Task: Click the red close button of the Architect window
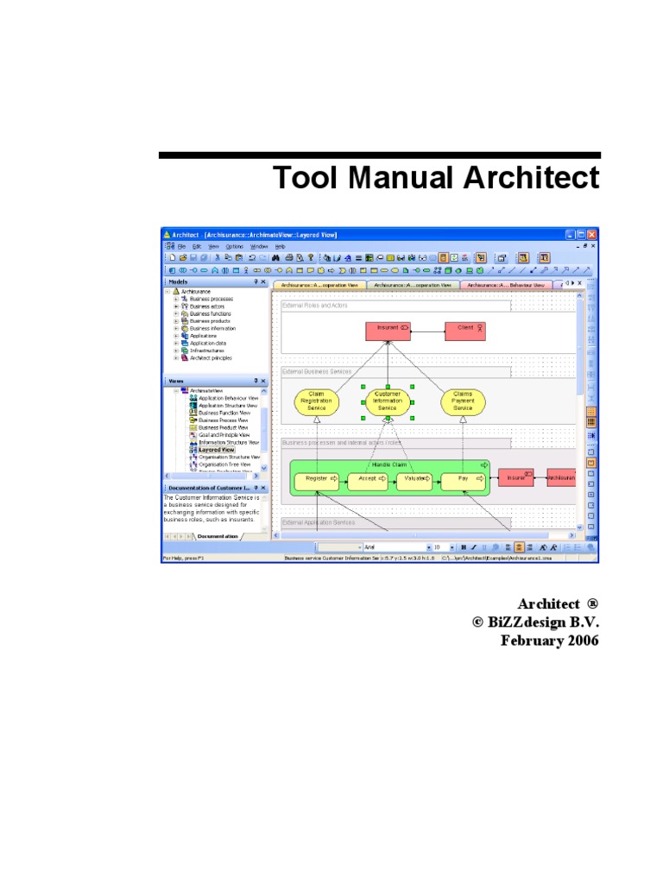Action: (592, 235)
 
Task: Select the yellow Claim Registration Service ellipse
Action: (316, 401)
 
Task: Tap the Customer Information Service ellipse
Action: (388, 401)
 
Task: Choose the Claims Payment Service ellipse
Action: (463, 401)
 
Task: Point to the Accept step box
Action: (368, 478)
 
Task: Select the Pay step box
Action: (464, 478)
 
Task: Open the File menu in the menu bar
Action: (181, 246)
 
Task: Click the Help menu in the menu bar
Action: (280, 246)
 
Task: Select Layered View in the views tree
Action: (216, 450)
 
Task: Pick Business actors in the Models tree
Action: (206, 306)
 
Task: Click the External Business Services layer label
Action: (317, 371)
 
